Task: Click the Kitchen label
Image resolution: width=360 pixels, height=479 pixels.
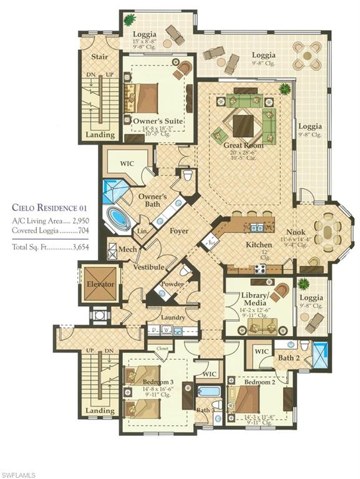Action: point(257,245)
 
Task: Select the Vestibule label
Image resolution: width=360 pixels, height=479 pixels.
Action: point(148,266)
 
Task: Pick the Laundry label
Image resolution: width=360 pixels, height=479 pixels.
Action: point(173,317)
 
